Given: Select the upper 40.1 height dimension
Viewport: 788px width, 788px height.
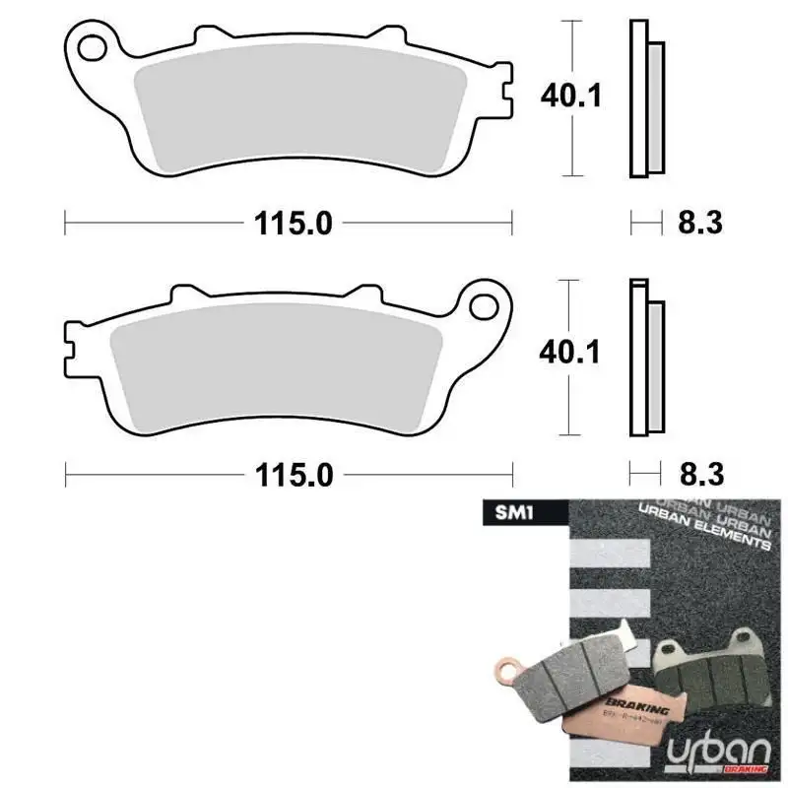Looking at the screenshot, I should pos(570,96).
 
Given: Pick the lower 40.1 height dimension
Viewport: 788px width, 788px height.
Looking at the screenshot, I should pos(570,352).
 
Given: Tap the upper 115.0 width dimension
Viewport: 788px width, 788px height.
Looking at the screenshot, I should pos(294,224).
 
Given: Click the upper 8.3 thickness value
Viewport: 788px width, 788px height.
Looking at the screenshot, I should pos(700,224).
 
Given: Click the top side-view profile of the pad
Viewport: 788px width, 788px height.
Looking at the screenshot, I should pos(646,98).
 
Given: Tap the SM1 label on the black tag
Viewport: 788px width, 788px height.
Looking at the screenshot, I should pos(499,512).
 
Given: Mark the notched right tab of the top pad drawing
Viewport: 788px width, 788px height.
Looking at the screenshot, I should pos(505,98).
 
